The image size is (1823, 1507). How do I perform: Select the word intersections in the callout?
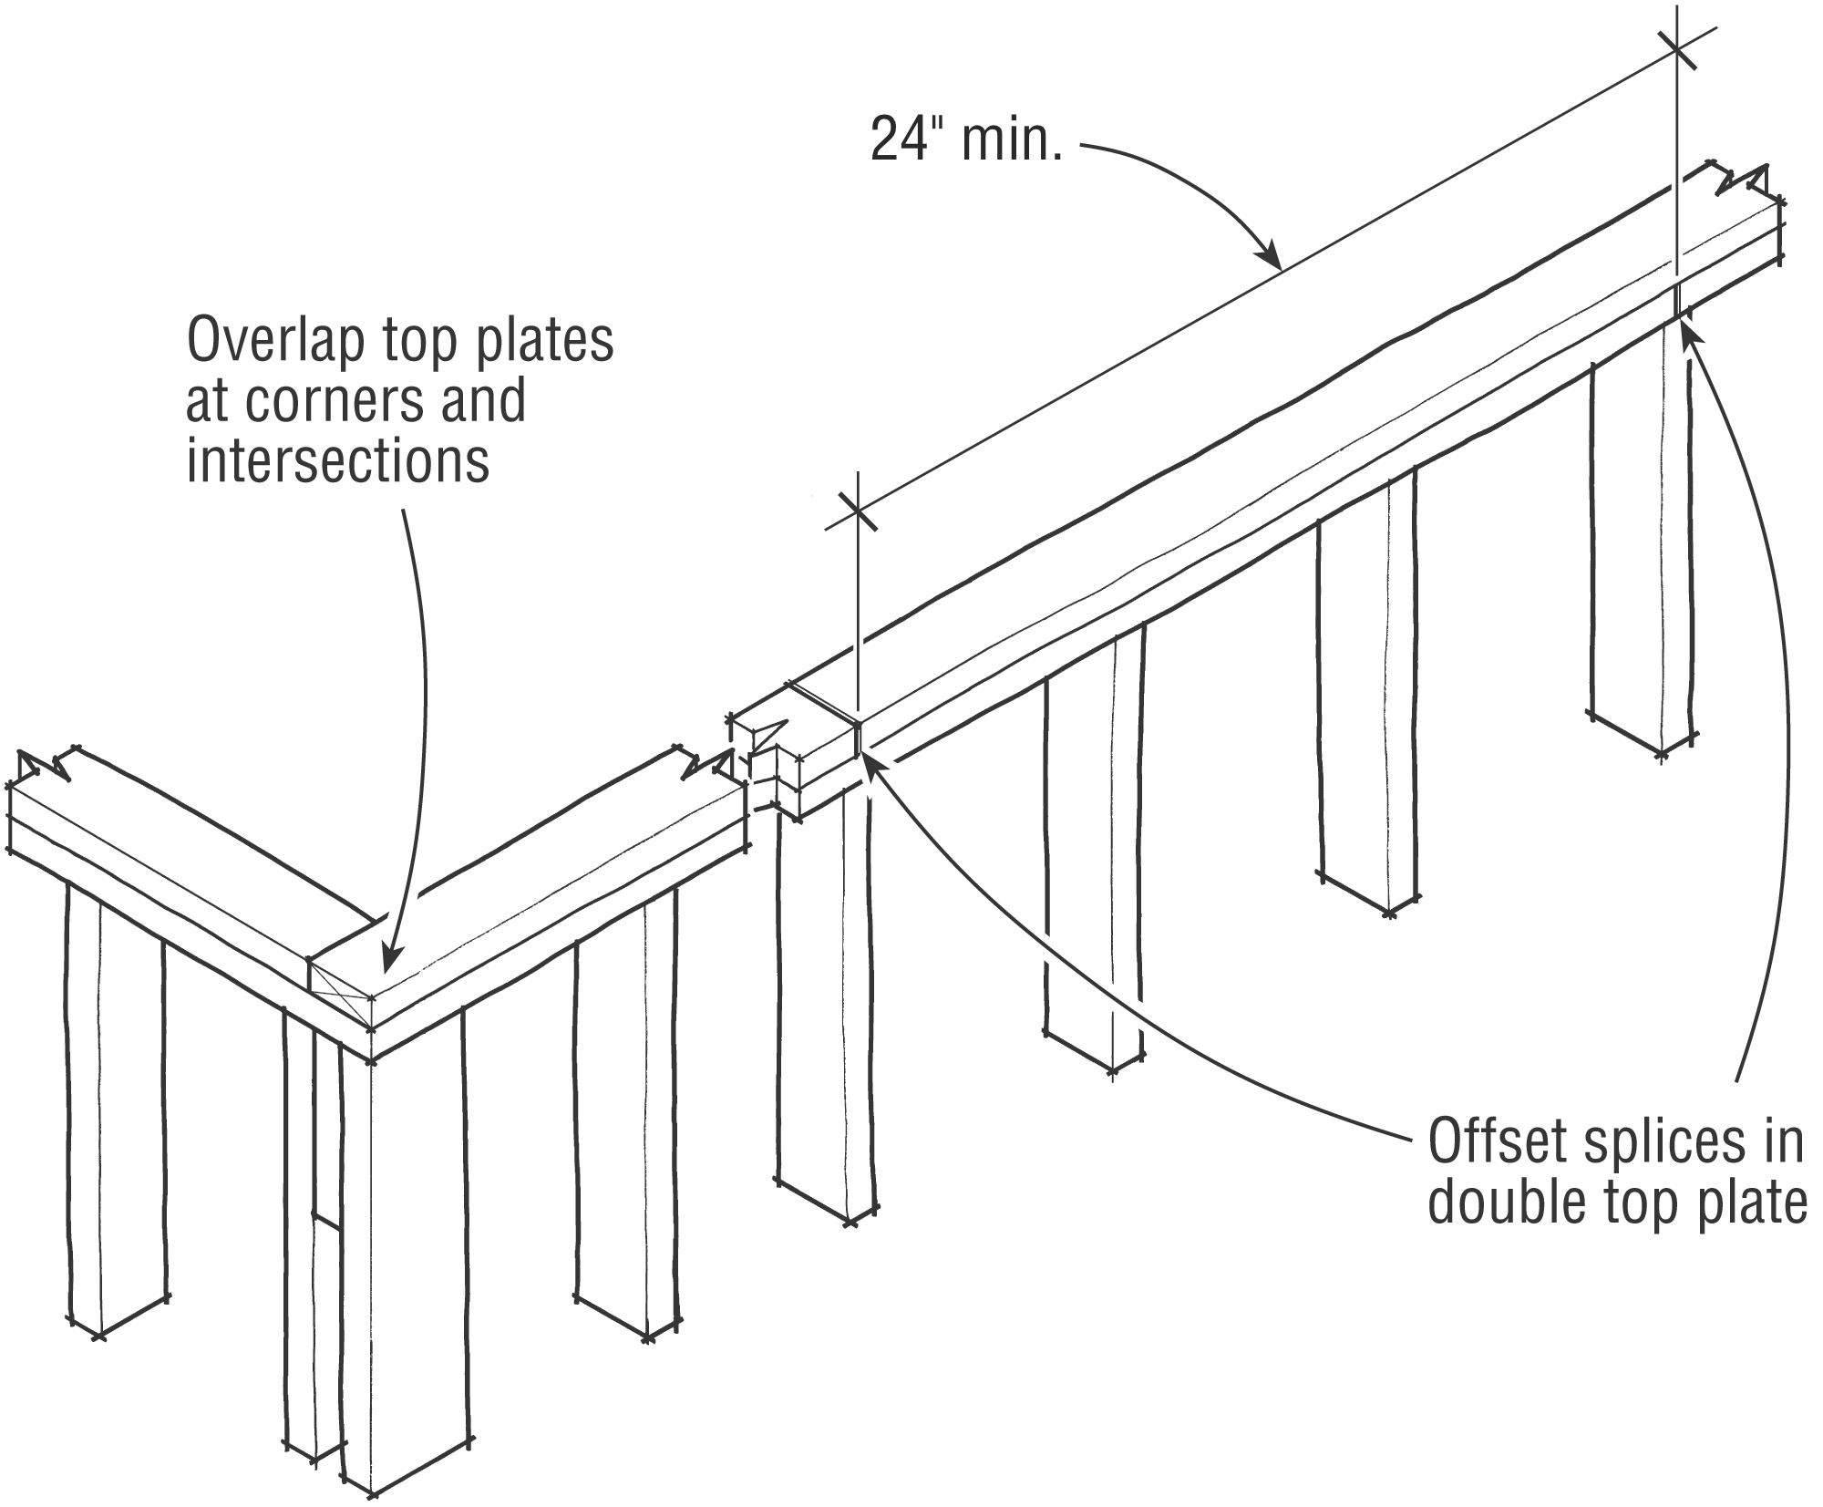(338, 461)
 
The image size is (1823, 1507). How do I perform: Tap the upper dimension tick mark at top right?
(1677, 51)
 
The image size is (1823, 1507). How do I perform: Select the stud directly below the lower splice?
(825, 1003)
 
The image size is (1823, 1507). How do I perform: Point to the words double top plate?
(1616, 1203)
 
